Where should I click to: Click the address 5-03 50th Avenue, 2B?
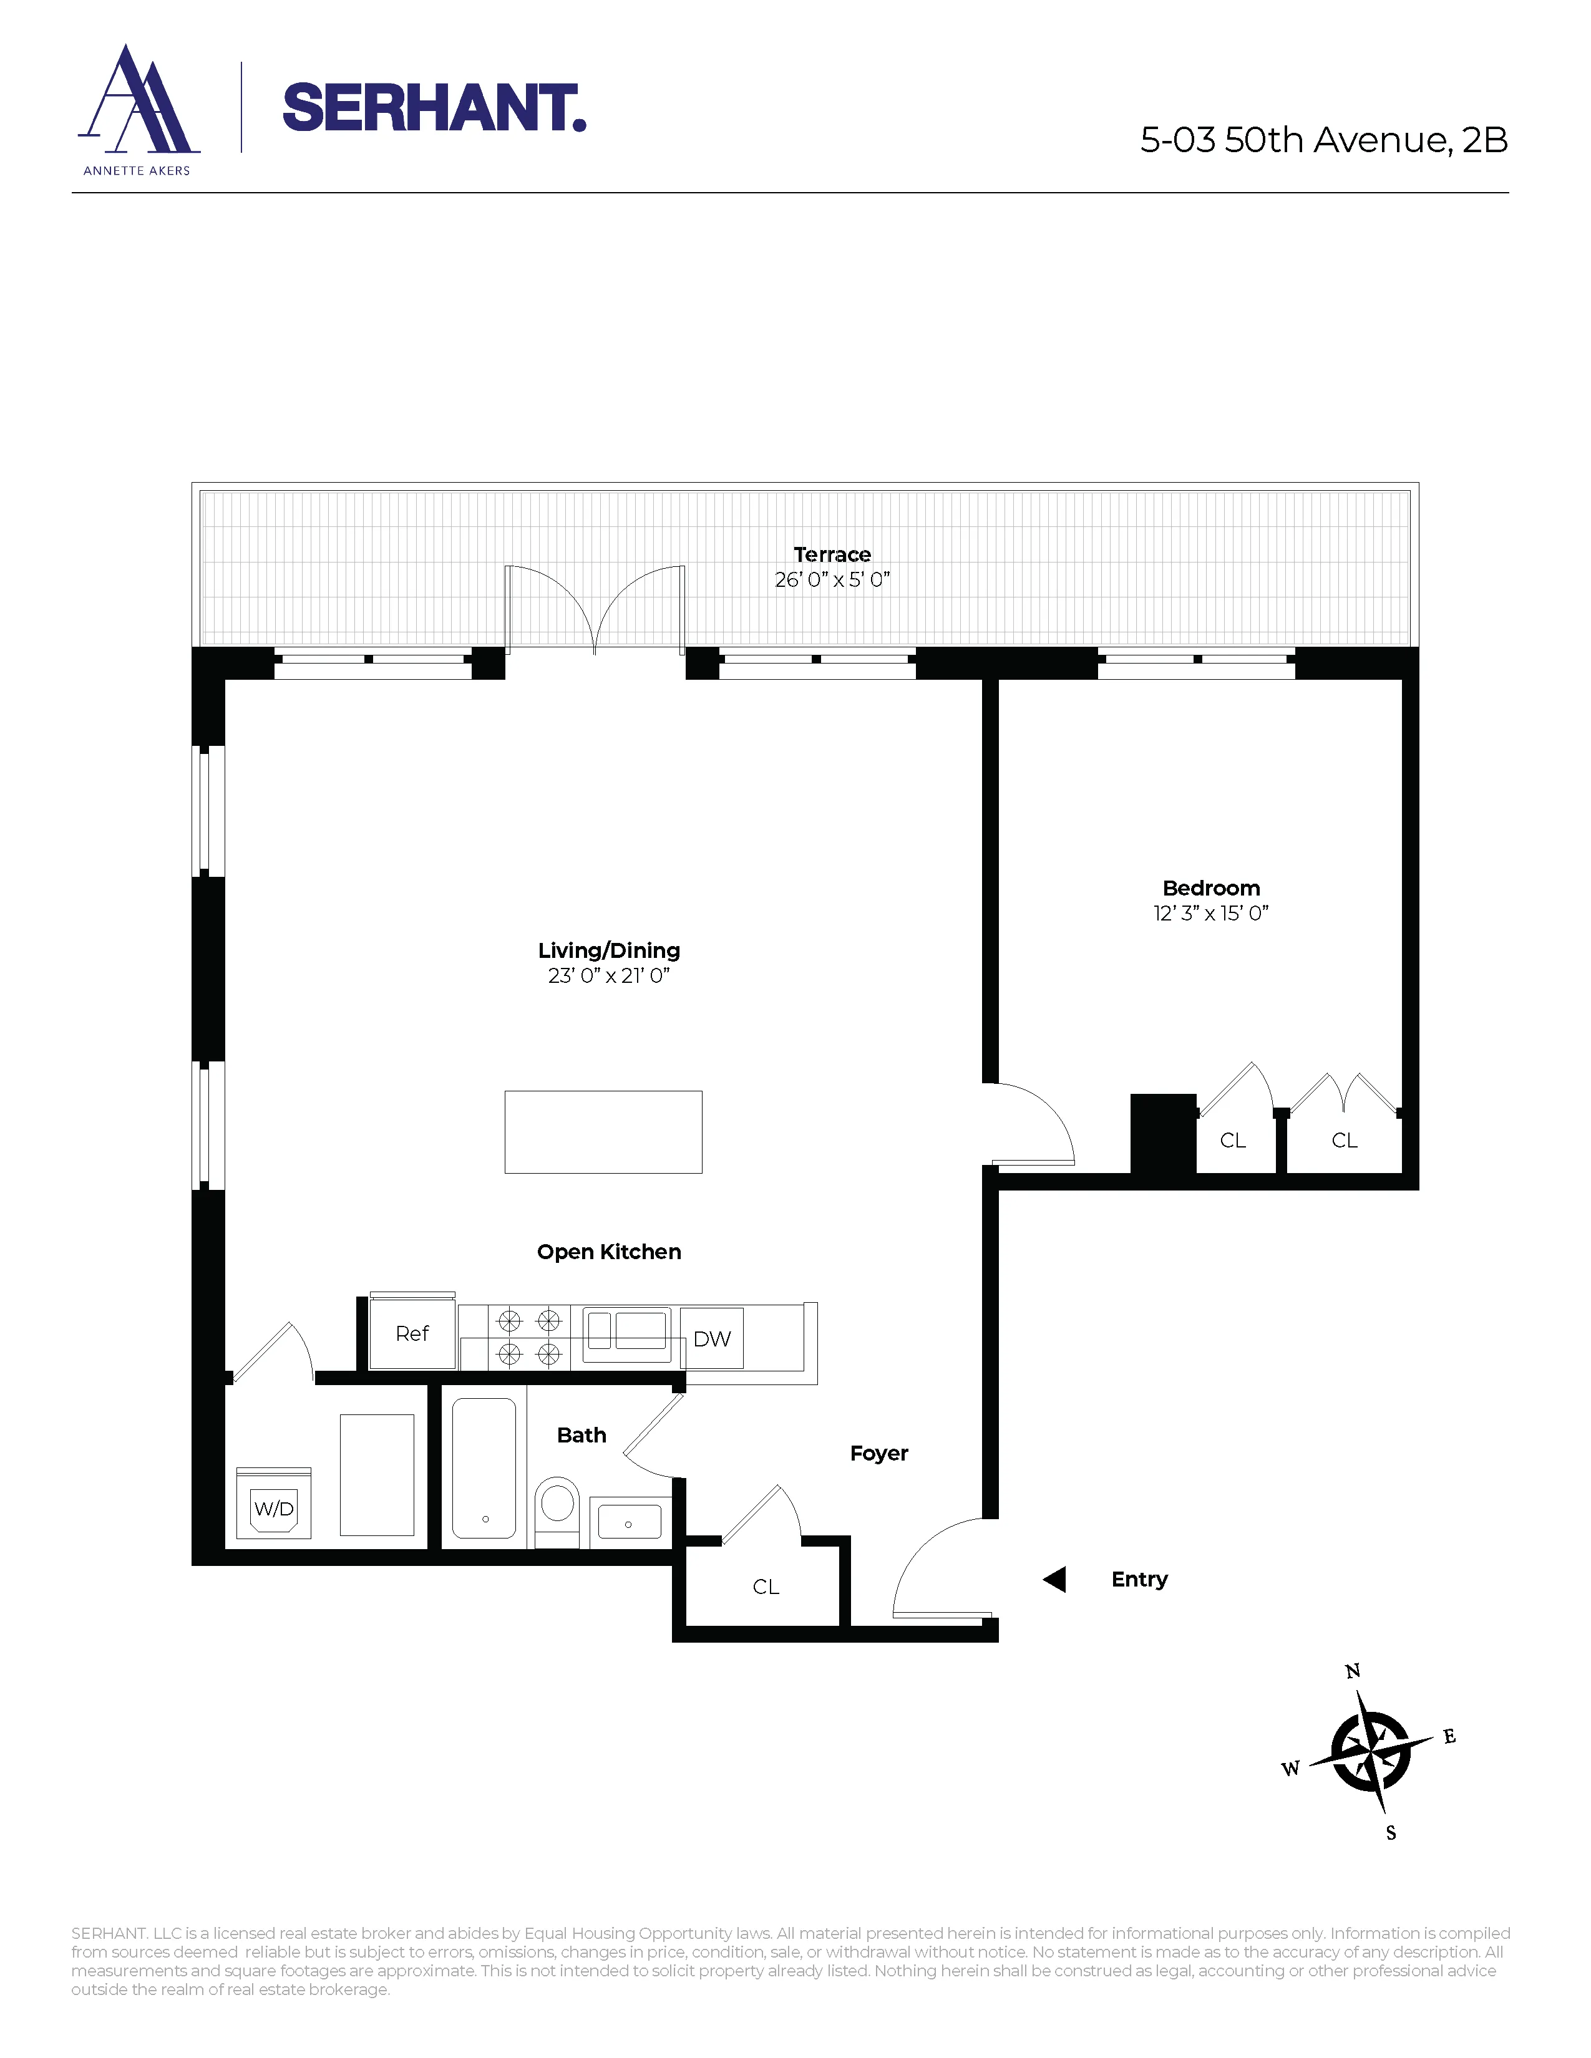(1323, 140)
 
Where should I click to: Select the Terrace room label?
(831, 554)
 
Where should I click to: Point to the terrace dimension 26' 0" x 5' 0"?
(831, 579)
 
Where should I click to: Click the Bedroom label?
(1210, 887)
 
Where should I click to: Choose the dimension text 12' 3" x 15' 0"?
(1210, 913)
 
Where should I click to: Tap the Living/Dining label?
(609, 950)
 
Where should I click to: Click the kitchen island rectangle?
(603, 1132)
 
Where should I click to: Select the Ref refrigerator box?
(412, 1333)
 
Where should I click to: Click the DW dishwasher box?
(712, 1338)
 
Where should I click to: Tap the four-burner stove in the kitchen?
(528, 1337)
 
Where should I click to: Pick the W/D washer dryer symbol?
(273, 1509)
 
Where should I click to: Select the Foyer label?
(878, 1453)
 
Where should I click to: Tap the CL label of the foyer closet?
(766, 1587)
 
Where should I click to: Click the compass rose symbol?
(1371, 1752)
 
